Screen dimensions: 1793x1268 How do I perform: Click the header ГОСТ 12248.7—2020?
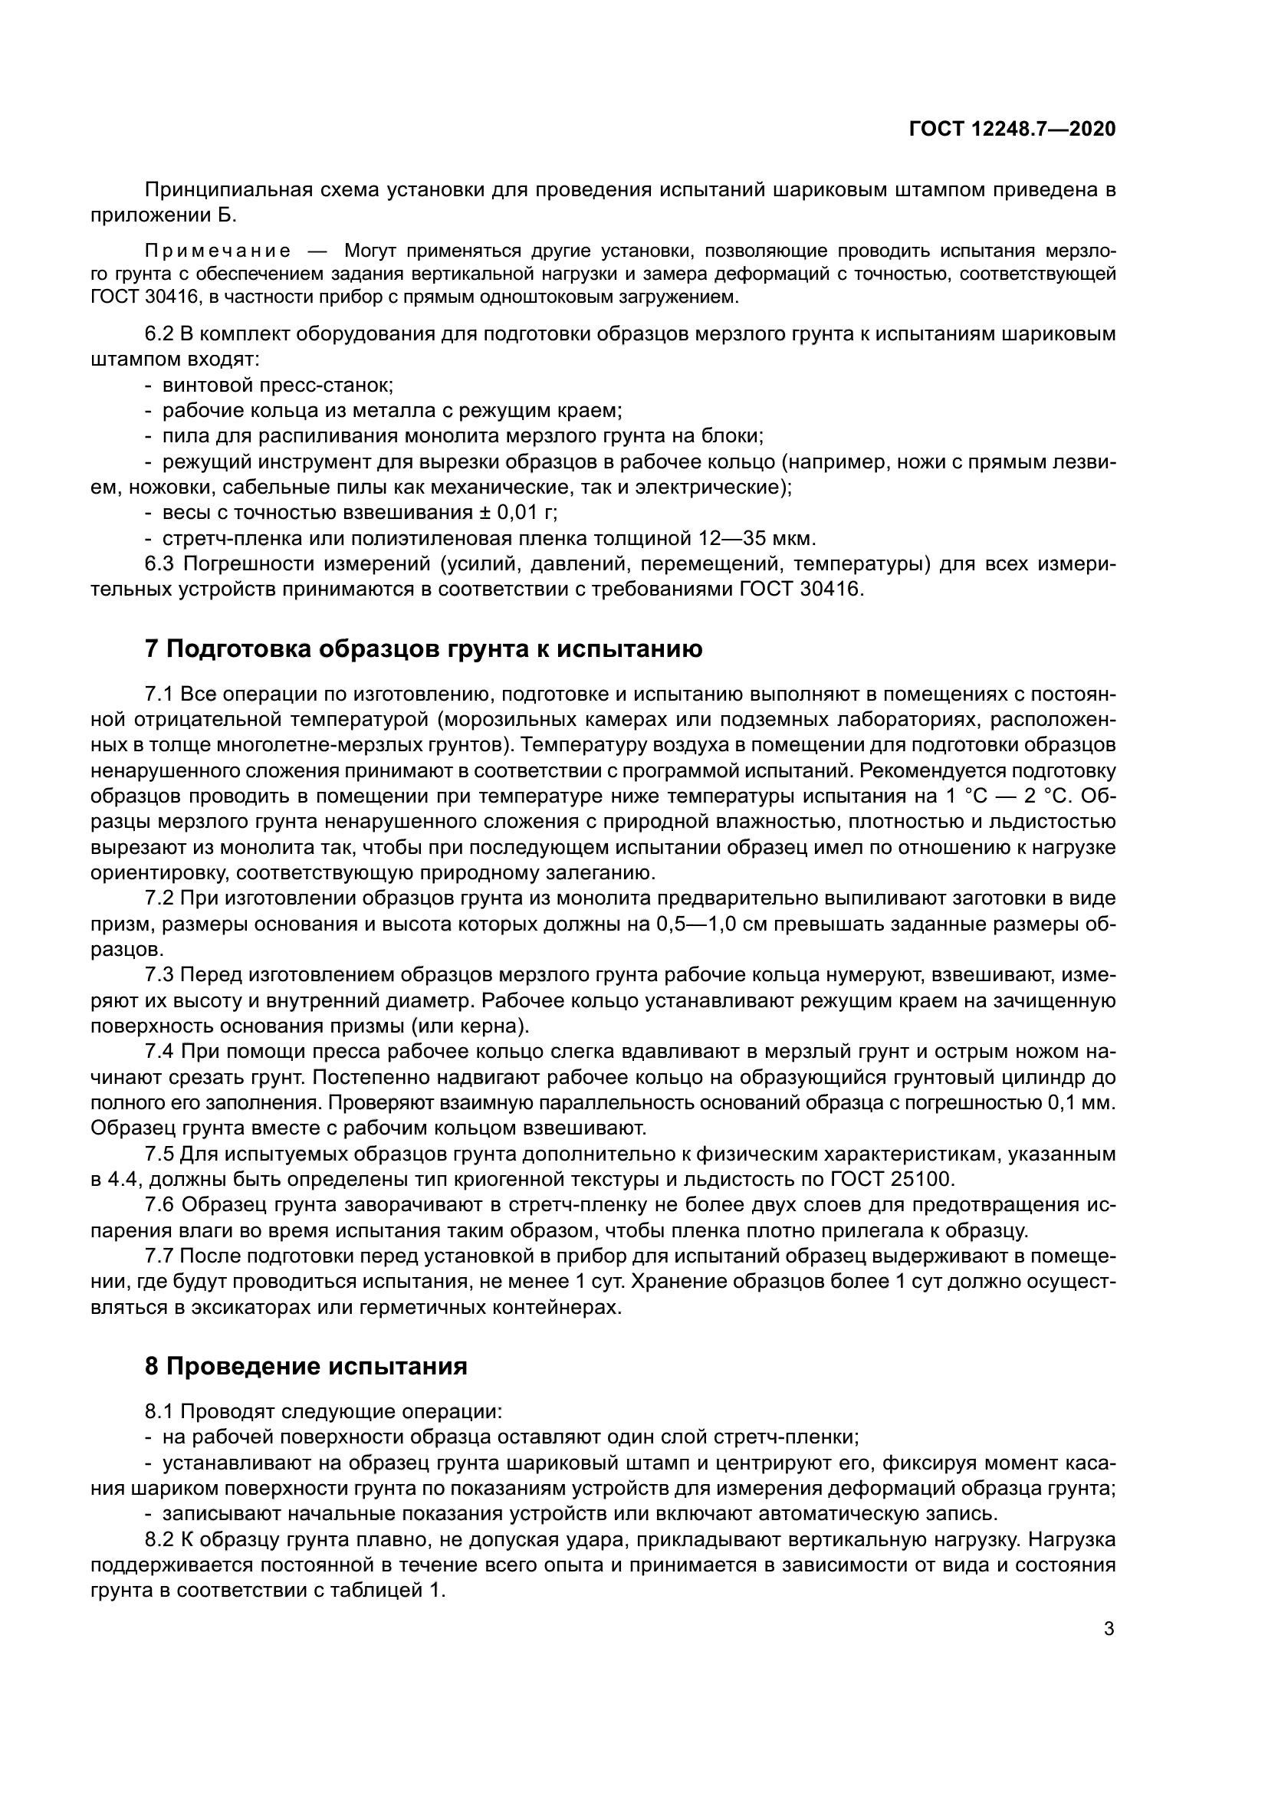[1012, 129]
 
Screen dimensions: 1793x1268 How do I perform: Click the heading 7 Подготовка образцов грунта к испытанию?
[423, 649]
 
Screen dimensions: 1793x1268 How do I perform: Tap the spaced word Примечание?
[218, 251]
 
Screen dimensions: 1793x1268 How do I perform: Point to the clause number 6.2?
[160, 334]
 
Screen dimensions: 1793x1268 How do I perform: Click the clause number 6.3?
[160, 564]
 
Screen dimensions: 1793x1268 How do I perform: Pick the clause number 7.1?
[159, 694]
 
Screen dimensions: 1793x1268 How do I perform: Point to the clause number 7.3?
[159, 974]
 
